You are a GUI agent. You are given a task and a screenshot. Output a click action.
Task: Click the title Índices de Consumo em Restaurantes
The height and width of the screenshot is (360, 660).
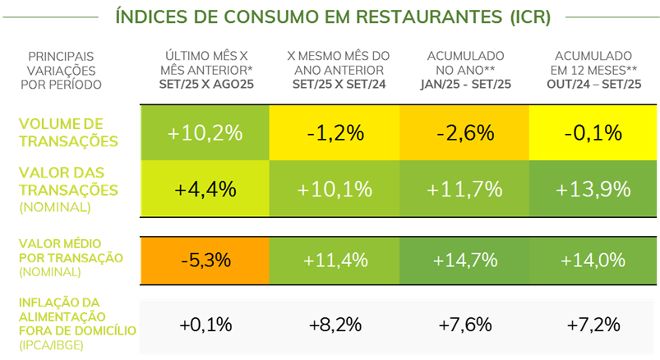(330, 16)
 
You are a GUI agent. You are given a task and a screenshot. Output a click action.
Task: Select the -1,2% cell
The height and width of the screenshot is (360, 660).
(335, 132)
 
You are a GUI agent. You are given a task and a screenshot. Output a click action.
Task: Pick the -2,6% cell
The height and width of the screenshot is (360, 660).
(464, 132)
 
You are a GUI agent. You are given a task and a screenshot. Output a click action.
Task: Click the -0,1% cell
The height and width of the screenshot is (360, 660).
(593, 132)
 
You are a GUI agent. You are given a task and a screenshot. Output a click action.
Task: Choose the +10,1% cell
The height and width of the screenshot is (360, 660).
(335, 189)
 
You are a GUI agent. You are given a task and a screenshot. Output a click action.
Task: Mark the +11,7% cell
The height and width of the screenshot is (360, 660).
(464, 189)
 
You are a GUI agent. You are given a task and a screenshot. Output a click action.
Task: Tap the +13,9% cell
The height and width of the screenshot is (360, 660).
(593, 189)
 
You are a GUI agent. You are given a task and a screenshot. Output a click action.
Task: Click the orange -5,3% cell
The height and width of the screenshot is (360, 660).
(205, 260)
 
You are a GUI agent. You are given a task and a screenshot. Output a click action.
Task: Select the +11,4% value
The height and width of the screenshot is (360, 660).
(335, 260)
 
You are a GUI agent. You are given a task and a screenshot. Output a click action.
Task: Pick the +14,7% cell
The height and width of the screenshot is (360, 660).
(464, 260)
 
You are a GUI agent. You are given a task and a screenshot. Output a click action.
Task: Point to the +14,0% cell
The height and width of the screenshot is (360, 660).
(593, 260)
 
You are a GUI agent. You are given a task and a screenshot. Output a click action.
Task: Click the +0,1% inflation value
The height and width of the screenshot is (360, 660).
(205, 325)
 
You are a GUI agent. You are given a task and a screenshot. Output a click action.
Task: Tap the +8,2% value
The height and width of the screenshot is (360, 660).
(335, 325)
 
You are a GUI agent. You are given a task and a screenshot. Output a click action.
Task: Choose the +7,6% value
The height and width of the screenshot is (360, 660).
(464, 325)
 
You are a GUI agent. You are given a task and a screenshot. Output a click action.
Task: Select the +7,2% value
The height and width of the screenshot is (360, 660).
(593, 325)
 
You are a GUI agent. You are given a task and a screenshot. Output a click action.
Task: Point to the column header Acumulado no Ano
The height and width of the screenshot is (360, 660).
(464, 69)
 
